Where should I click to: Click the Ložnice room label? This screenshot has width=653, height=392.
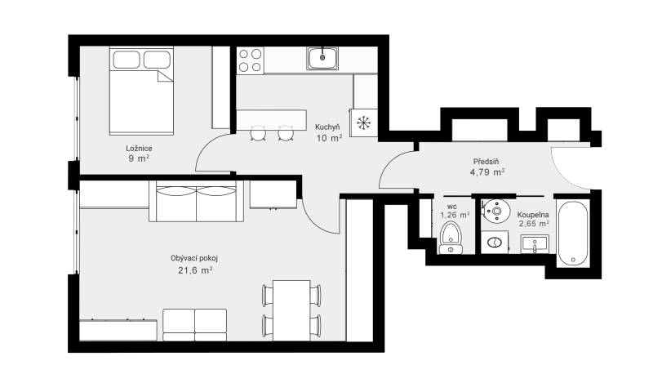coord(139,149)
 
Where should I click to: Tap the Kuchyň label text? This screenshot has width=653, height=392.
coord(327,127)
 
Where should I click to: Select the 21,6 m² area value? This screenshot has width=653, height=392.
coord(195,270)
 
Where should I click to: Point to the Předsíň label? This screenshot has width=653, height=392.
coord(486,161)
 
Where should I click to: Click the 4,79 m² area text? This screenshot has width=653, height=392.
coord(487,172)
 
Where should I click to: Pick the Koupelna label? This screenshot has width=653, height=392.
coord(533,215)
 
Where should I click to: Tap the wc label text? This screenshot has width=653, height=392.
coord(452,207)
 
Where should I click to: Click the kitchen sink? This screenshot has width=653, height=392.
coord(322,58)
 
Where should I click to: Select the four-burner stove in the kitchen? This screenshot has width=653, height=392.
coord(251,60)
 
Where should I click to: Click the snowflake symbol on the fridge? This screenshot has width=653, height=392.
coord(363,122)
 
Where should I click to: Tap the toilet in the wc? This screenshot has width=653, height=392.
coord(451,238)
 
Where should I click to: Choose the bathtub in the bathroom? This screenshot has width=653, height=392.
coord(573,233)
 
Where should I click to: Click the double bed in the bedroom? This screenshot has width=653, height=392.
coord(141,91)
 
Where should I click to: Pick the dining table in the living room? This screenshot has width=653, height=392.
coord(291,310)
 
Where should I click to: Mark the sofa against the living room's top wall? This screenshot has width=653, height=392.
coord(196,201)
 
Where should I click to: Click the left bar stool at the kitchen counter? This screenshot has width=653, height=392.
coord(258,134)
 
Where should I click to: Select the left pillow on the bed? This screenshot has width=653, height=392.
coord(127,60)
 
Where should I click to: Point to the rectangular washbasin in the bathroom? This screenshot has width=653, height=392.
coord(535,243)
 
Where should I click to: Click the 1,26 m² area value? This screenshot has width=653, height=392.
coord(455,215)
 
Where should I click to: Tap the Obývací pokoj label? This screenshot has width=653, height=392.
coord(194,258)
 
